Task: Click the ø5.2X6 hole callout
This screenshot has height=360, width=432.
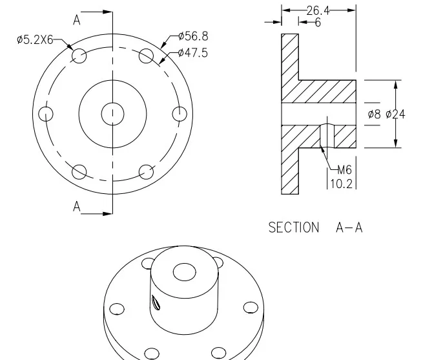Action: click(x=35, y=40)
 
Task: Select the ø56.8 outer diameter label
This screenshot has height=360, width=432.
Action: click(x=192, y=36)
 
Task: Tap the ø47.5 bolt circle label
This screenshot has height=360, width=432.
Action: click(x=192, y=53)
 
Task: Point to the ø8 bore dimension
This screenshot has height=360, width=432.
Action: click(x=374, y=114)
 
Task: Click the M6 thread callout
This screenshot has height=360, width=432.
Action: click(x=344, y=171)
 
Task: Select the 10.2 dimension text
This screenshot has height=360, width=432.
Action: click(x=341, y=184)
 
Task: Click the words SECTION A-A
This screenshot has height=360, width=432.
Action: click(x=315, y=228)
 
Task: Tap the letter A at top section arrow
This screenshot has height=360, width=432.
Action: click(x=76, y=20)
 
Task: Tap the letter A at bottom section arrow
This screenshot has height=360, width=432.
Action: click(x=76, y=207)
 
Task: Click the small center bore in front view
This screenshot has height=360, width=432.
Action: click(x=112, y=114)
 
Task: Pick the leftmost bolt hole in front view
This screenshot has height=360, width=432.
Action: click(x=45, y=114)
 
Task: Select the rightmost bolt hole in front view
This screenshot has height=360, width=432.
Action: click(x=180, y=114)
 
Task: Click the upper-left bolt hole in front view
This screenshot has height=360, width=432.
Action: click(x=79, y=56)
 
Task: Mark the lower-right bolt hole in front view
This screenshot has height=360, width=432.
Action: click(x=147, y=172)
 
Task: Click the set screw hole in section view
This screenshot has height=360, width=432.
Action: click(x=327, y=134)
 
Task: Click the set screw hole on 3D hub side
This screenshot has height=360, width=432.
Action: click(x=155, y=302)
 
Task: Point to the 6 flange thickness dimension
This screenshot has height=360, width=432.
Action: click(x=317, y=23)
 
